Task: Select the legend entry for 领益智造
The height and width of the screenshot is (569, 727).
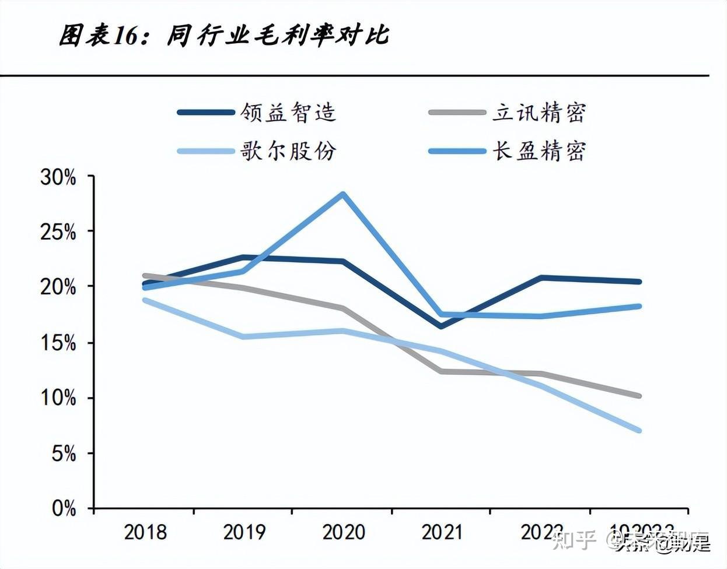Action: tap(288, 113)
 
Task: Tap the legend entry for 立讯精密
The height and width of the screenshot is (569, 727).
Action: tap(538, 113)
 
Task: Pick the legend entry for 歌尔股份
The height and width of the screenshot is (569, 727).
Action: tap(288, 151)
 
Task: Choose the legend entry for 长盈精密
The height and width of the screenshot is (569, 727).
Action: tap(538, 151)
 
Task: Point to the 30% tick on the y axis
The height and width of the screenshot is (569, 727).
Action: tap(58, 177)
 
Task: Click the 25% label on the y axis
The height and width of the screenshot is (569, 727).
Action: tap(58, 233)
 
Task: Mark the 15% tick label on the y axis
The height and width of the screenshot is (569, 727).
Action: tap(58, 343)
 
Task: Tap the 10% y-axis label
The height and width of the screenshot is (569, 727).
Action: tap(58, 398)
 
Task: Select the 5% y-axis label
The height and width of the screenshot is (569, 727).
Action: tap(63, 454)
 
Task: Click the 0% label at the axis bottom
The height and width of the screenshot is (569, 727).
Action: tap(63, 508)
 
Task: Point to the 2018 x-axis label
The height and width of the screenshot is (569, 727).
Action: tap(145, 532)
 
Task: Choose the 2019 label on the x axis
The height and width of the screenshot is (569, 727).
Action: tap(244, 532)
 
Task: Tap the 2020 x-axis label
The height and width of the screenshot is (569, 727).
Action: tap(343, 532)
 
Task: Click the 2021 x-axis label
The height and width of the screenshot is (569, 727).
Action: tap(442, 532)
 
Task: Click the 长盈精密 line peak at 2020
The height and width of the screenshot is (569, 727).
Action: tap(343, 194)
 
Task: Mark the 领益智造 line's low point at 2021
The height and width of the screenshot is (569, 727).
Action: tap(441, 326)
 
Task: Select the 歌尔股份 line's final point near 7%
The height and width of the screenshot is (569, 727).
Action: tap(639, 430)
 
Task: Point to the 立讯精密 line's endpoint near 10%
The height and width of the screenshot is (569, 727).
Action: tap(639, 396)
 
